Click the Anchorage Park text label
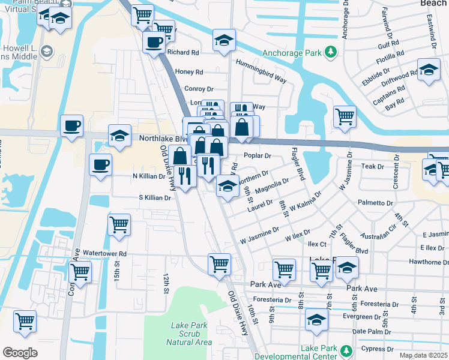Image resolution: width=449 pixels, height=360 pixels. pos(291,52)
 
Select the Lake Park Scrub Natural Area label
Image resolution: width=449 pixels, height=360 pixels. pos(191,334)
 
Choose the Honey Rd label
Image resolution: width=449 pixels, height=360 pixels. pos(188,72)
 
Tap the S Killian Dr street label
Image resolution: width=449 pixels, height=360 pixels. pos(155,197)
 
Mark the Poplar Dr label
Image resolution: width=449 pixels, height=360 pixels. pos(259,155)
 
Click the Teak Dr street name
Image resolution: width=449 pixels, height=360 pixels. pos(372,166)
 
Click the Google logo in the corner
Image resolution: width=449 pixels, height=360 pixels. pos(20,352)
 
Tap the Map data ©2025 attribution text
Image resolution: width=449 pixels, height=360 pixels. pos(423,355)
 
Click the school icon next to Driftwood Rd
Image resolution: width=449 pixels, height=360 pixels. pos(429,70)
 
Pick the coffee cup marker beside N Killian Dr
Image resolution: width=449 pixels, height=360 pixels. pos(100,164)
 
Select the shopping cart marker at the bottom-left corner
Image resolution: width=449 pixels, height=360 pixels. pos(25,321)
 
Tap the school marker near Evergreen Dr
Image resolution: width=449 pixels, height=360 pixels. pos(316,319)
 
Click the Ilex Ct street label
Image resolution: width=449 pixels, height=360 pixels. pos(316,245)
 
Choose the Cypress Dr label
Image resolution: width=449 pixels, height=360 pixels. pos(377,349)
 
